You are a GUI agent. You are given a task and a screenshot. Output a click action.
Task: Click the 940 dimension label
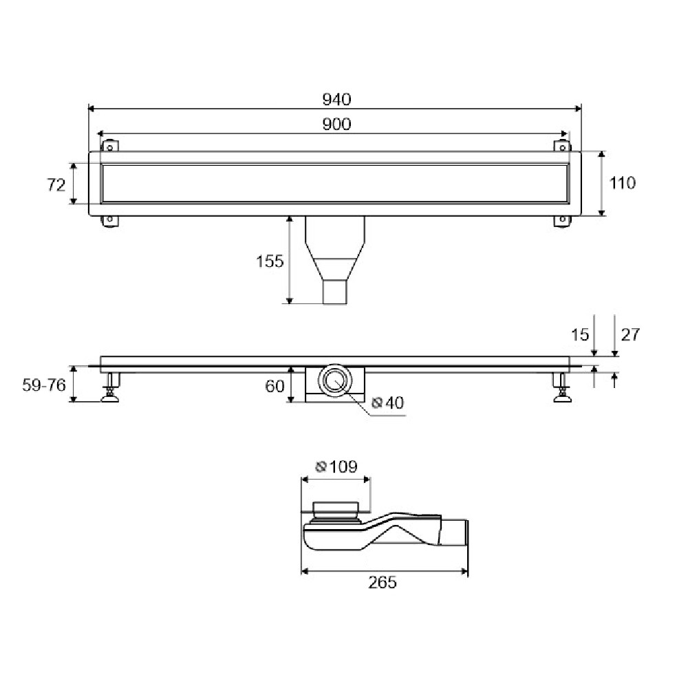(336, 100)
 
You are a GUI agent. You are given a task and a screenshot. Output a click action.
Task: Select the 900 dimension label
(336, 124)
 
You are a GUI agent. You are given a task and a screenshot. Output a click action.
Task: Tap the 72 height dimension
(56, 184)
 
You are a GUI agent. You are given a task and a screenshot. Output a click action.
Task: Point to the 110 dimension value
(622, 182)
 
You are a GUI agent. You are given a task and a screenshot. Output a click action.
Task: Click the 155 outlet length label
(270, 261)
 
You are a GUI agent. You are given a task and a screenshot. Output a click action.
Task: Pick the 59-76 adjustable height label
(44, 385)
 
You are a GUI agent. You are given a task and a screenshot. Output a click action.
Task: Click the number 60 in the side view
(275, 386)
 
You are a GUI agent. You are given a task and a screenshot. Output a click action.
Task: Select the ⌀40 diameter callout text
(387, 402)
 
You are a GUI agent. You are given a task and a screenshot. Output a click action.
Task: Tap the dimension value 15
(579, 335)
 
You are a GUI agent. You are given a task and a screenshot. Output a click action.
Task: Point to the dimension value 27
(630, 334)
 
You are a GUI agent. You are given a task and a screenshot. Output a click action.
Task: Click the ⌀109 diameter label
(336, 466)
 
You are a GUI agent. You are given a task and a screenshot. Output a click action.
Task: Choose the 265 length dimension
(382, 582)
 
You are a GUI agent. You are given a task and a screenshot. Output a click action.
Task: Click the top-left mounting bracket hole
(110, 148)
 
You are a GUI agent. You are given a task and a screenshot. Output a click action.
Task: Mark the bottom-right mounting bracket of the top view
(562, 221)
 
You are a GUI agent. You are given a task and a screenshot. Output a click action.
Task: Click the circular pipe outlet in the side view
(335, 380)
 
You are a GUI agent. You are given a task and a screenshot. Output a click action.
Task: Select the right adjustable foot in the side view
(562, 387)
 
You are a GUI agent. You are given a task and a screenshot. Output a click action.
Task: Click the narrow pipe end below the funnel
(335, 292)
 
